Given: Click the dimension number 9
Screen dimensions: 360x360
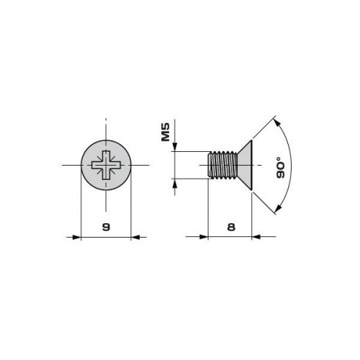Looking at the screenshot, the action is click(x=106, y=227).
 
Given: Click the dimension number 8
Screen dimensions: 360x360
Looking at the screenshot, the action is click(x=231, y=227).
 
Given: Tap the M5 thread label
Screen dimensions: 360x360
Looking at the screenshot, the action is click(x=166, y=132).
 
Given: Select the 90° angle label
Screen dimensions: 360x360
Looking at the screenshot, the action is click(x=280, y=168).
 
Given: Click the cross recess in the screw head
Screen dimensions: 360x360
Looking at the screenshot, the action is click(x=106, y=165).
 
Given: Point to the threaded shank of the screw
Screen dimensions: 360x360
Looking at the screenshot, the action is click(x=222, y=165).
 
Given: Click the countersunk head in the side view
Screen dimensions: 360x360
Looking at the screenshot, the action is click(x=246, y=165).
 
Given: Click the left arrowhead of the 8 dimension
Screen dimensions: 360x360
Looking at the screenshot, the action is click(x=203, y=237).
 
